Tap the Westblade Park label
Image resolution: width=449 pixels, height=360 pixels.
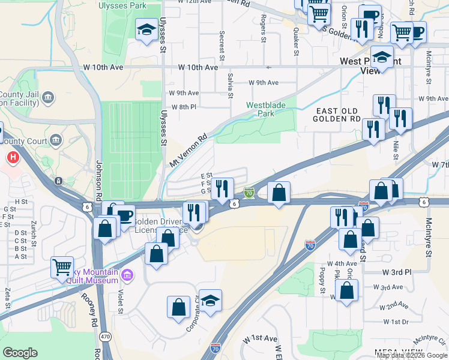tap(268, 109)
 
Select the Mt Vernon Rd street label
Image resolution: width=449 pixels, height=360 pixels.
tap(188, 151)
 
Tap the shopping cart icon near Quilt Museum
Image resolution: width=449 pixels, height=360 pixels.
tap(62, 267)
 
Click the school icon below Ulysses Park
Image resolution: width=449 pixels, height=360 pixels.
tap(145, 30)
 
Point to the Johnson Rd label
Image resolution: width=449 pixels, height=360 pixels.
tap(98, 180)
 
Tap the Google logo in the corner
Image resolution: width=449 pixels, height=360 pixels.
tap(20, 353)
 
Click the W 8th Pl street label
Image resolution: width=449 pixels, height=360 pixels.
tap(185, 107)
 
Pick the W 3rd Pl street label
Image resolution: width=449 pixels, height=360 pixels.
tap(396, 272)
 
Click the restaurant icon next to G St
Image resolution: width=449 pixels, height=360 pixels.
tap(222, 188)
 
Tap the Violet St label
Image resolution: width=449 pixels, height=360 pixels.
tap(120, 302)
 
